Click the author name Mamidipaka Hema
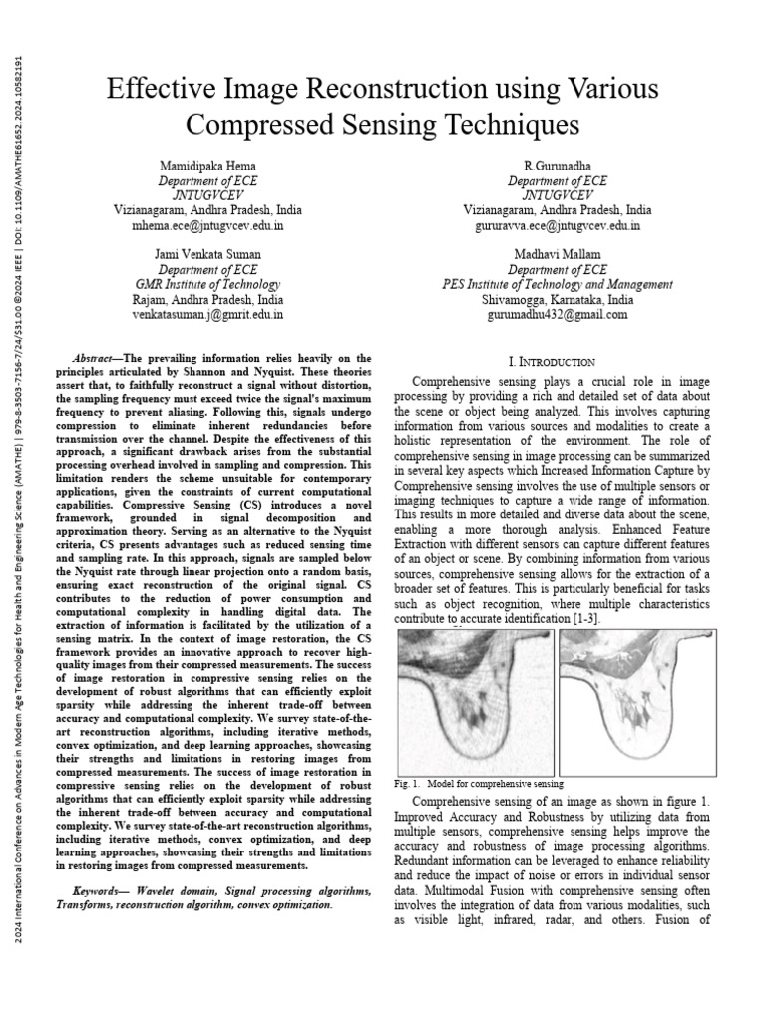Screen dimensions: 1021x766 207,165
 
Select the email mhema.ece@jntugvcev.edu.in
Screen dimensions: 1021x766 207,226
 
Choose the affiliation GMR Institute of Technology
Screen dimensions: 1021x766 207,284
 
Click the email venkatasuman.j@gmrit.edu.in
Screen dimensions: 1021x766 207,314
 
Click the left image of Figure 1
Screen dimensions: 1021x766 475,702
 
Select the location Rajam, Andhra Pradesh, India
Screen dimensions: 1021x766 207,299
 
